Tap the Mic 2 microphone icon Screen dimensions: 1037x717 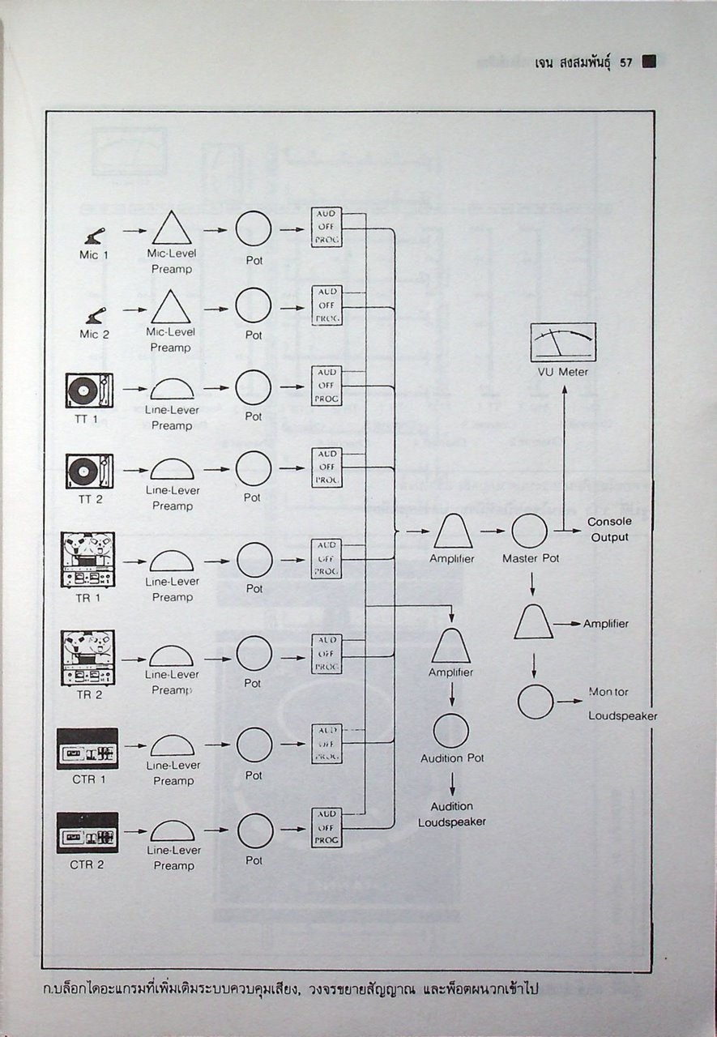[x=94, y=314]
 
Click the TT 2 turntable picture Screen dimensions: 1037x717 [x=88, y=471]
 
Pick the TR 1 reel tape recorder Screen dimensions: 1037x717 [x=88, y=559]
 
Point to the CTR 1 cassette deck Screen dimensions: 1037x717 [x=87, y=749]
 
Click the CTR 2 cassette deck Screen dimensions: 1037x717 [x=87, y=833]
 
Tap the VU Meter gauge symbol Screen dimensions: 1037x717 [x=563, y=342]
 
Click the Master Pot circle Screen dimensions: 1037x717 [x=530, y=531]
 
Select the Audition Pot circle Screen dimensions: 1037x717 [x=451, y=731]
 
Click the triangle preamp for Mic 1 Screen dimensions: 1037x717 [x=171, y=228]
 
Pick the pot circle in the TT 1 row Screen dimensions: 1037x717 [x=254, y=387]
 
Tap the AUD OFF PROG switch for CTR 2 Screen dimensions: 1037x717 [x=326, y=827]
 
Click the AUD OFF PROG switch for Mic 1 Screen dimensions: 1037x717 [x=326, y=228]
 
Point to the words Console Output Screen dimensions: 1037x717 [x=609, y=529]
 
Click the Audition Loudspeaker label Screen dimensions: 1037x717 [x=452, y=814]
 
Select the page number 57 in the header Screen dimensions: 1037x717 [x=625, y=62]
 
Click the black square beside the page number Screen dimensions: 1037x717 [x=648, y=62]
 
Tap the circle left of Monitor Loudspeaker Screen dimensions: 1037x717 [x=536, y=702]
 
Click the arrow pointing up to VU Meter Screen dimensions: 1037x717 [x=564, y=454]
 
